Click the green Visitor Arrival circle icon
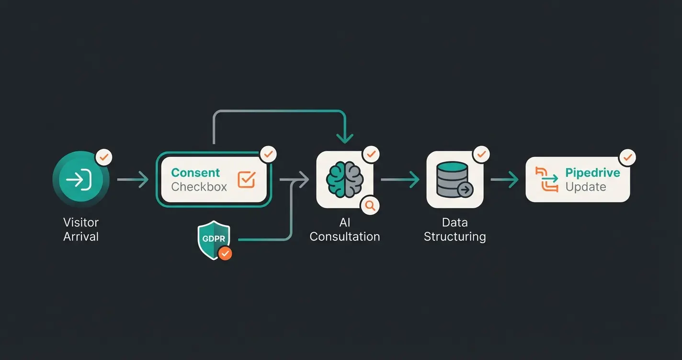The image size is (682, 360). [80, 180]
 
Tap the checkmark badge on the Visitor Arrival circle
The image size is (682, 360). [104, 157]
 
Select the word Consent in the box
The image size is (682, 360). [195, 172]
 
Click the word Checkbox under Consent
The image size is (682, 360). [199, 187]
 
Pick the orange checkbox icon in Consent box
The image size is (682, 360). [247, 180]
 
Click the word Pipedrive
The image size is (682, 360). [592, 172]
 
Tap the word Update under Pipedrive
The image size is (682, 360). [585, 187]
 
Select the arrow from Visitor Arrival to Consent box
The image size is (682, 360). [133, 180]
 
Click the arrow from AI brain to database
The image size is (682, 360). [400, 180]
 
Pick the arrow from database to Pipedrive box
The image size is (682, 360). [505, 180]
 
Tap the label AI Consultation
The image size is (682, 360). [344, 229]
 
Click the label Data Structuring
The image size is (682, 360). [455, 229]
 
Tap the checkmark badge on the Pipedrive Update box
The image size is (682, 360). [627, 157]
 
